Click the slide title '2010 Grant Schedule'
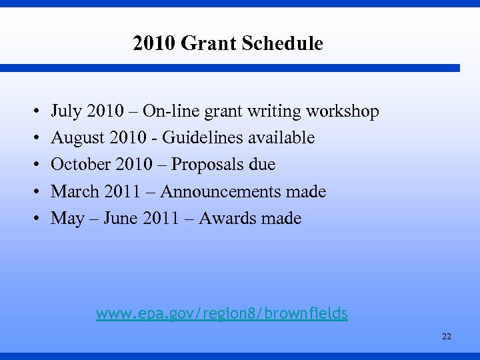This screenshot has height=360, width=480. [227, 44]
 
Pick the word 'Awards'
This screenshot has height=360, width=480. [225, 218]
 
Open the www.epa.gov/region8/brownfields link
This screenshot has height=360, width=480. [222, 313]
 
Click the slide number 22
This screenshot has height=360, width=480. [446, 337]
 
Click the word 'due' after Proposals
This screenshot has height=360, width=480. [262, 165]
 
